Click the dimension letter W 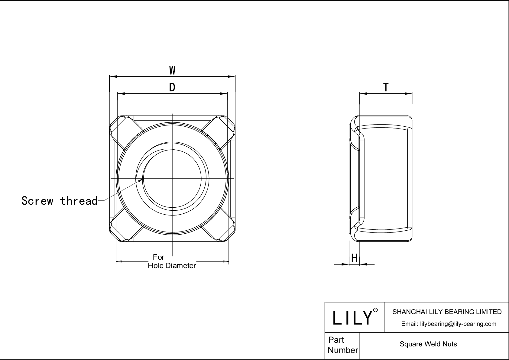coord(172,70)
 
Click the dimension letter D coord(172,87)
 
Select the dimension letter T coord(386,87)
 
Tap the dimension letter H coord(354,258)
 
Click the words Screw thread coord(60,201)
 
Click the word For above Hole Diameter coord(158,257)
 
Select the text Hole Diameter coord(172,266)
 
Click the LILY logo coord(352,318)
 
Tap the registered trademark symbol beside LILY coord(375,310)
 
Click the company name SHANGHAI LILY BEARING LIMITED coord(447,312)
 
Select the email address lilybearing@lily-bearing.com coord(449,324)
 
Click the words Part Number coord(342,345)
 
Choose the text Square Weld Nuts coord(428,344)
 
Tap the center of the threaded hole coord(172,179)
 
